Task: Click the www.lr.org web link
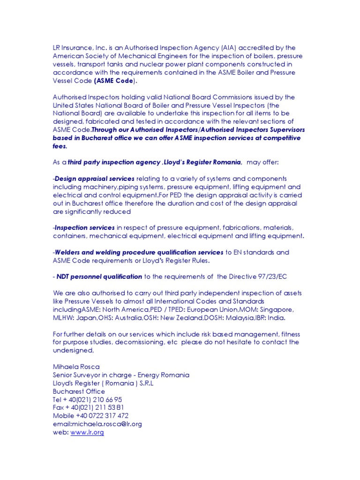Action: point(87,433)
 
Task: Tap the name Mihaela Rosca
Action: point(76,367)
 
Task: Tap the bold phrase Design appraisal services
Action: point(95,179)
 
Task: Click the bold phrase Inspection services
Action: point(85,228)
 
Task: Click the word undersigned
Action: point(73,350)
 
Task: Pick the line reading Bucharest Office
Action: point(79,391)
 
